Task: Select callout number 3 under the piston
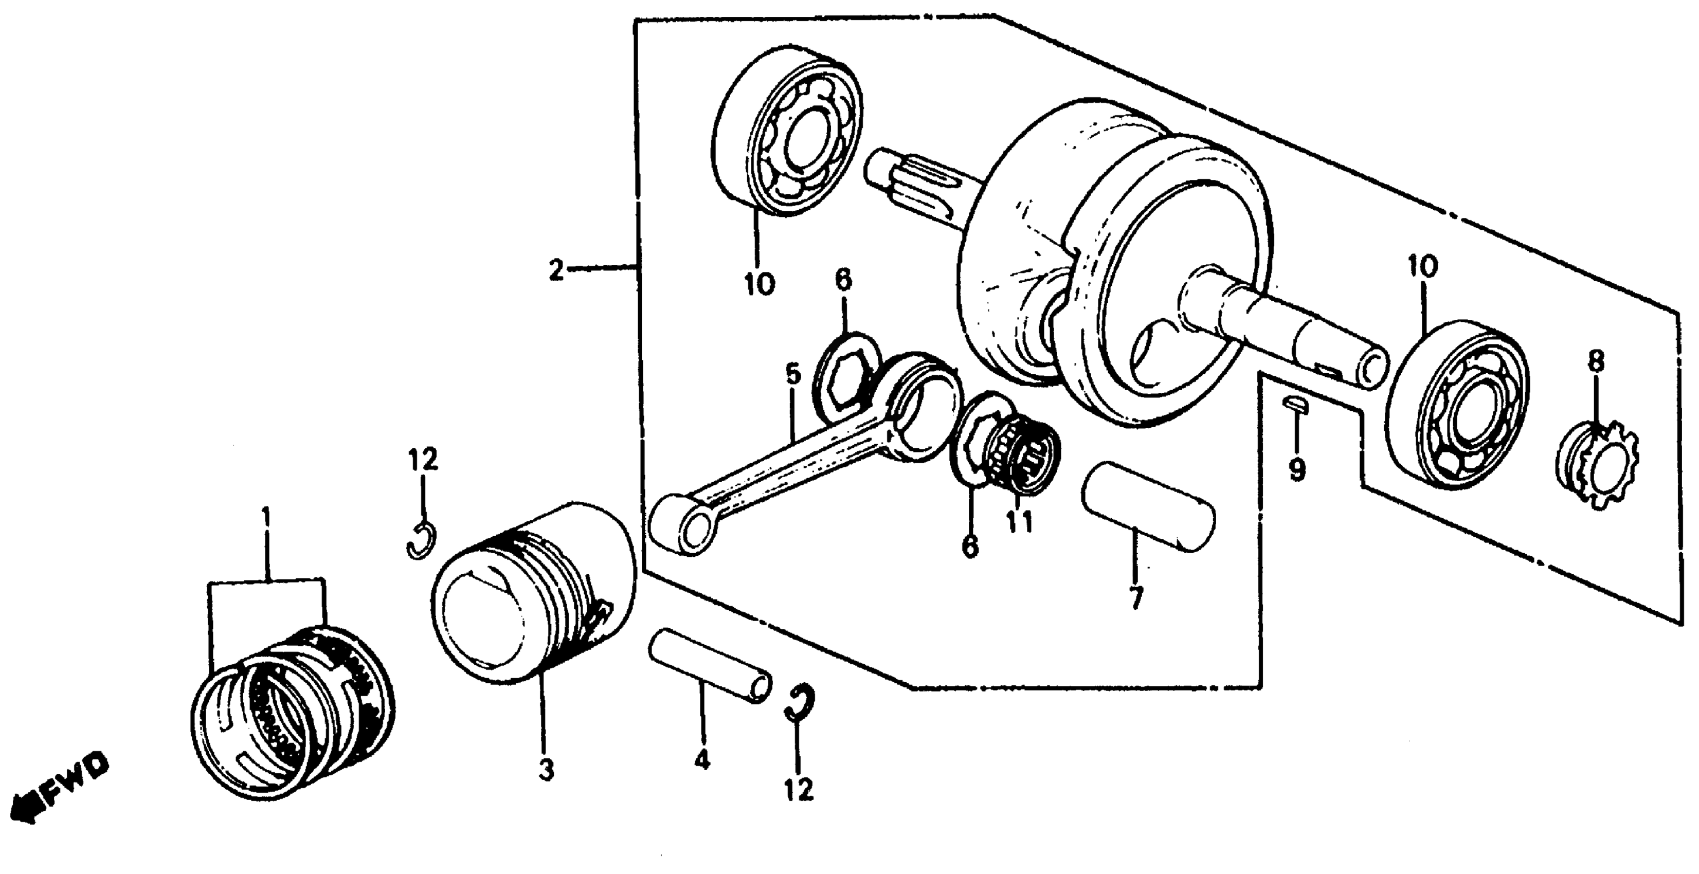pos(546,770)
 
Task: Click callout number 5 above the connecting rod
pos(793,375)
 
